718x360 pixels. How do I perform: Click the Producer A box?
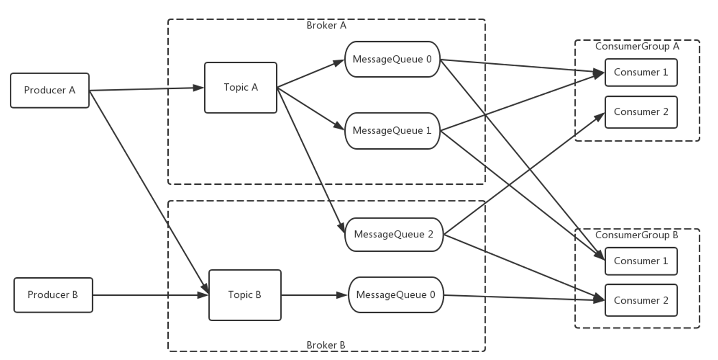tap(50, 91)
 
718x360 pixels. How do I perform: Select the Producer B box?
tap(53, 295)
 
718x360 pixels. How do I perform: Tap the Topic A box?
tap(241, 88)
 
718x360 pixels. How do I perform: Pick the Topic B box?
tap(245, 295)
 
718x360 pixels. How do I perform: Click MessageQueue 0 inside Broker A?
tap(392, 59)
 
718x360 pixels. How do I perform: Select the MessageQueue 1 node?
tap(392, 131)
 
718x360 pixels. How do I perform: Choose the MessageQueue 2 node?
tap(393, 234)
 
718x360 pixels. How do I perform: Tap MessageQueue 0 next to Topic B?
tap(396, 295)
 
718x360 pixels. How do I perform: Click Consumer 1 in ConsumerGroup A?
tap(641, 72)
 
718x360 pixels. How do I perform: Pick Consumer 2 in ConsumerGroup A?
tap(641, 112)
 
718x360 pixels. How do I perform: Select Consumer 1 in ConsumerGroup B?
tap(641, 261)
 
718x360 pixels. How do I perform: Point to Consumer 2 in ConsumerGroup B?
tap(641, 300)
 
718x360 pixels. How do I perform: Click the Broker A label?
tap(326, 25)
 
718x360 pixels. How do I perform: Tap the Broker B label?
tap(326, 345)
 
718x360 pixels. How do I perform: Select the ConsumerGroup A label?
tap(637, 46)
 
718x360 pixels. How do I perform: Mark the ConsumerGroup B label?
tap(637, 235)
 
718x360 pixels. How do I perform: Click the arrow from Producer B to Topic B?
tap(150, 296)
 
